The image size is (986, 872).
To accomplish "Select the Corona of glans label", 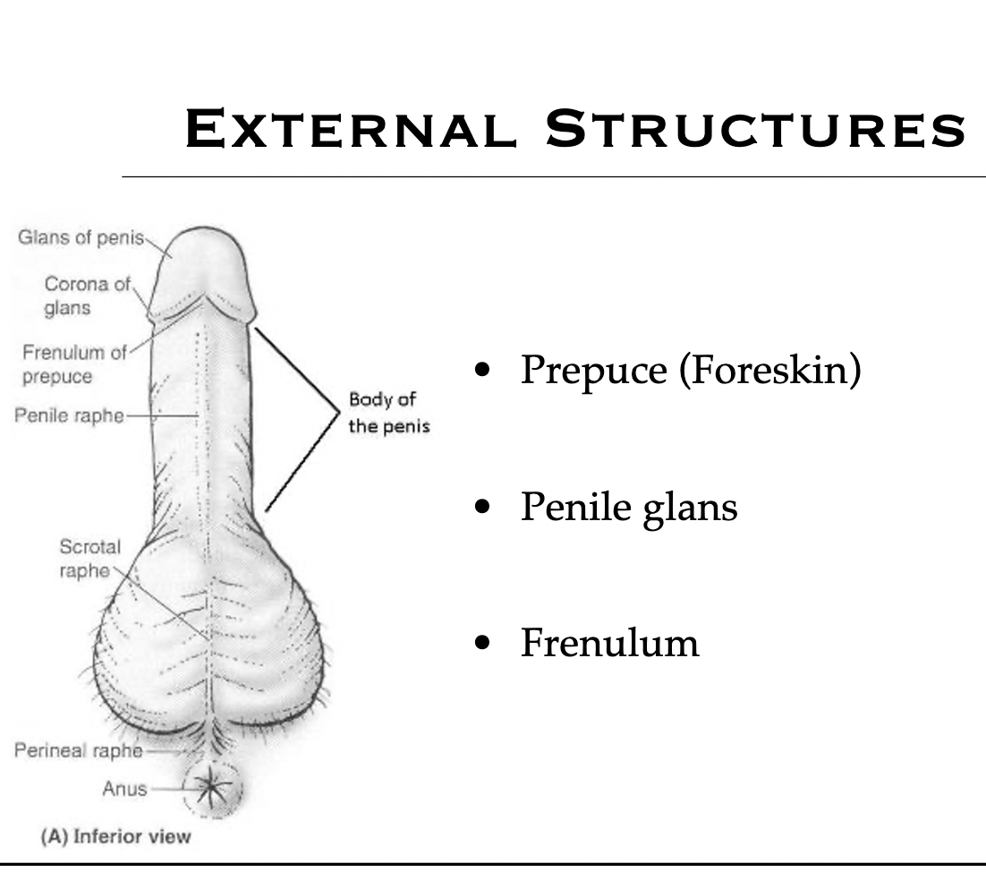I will click(88, 295).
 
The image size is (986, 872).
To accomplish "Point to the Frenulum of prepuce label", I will click(73, 363).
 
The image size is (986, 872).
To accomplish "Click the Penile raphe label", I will click(69, 416).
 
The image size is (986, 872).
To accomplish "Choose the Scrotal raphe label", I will click(89, 558).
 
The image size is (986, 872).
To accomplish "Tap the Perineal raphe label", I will click(78, 750).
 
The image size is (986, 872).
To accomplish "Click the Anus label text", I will click(125, 790).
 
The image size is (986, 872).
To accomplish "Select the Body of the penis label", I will click(388, 413).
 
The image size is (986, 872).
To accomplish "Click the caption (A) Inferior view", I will click(115, 837).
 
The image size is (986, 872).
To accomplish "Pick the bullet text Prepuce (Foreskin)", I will click(690, 370).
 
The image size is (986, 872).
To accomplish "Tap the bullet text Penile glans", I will click(629, 508).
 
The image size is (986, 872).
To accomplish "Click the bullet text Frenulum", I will click(609, 643).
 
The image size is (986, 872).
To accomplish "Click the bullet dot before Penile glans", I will click(484, 508).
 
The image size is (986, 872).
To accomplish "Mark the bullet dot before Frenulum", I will click(484, 643).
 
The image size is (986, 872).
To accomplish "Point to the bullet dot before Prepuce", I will click(484, 370).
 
